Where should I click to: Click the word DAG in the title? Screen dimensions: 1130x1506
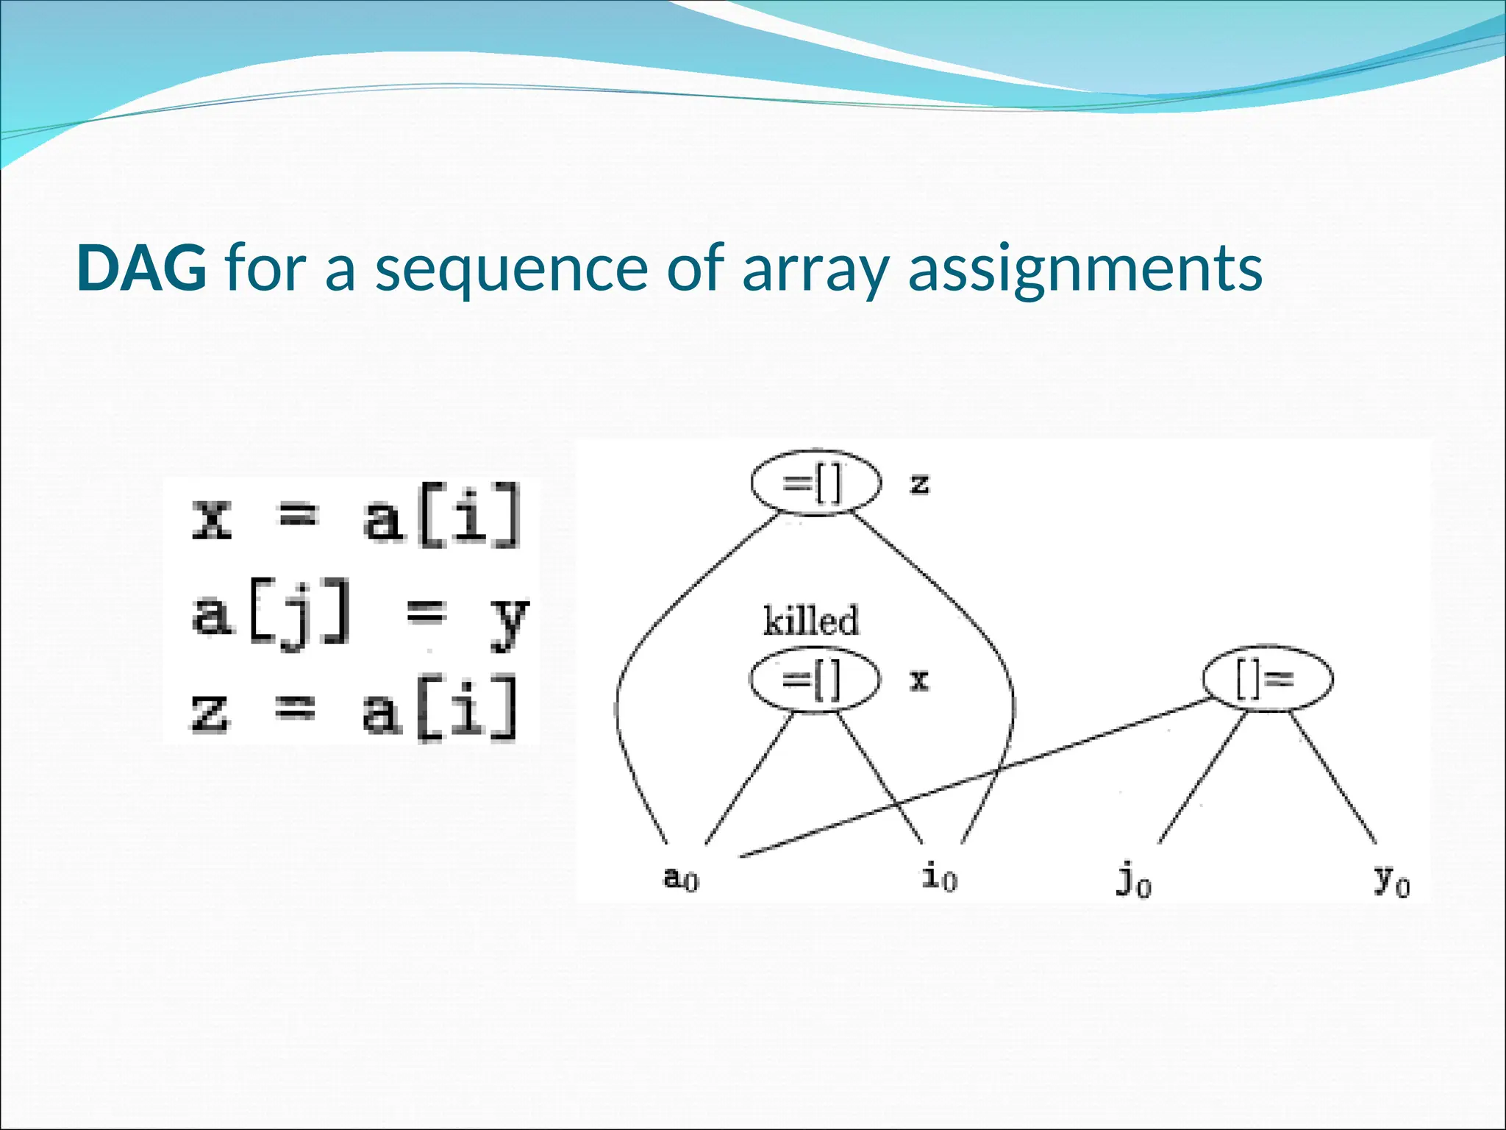click(141, 268)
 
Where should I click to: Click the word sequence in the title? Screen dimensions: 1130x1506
click(511, 269)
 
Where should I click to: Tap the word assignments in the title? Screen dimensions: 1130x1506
click(1085, 269)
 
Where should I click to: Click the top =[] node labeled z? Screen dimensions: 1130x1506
click(815, 483)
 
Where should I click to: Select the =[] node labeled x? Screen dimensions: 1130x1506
click(814, 679)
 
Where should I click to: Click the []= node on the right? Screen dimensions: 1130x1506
click(1267, 679)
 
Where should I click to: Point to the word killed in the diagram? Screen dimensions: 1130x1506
click(810, 621)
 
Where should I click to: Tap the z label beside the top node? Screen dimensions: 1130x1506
click(919, 484)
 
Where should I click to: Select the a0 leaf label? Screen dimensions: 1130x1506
click(681, 878)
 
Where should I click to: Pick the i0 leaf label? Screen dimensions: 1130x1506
click(939, 878)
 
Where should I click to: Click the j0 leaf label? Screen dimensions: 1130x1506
click(1133, 881)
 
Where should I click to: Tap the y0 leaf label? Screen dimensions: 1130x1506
click(1391, 880)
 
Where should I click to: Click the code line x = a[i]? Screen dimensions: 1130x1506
click(356, 516)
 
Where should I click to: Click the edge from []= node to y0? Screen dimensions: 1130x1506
click(1332, 778)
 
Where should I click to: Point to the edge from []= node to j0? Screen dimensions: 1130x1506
click(1202, 778)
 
